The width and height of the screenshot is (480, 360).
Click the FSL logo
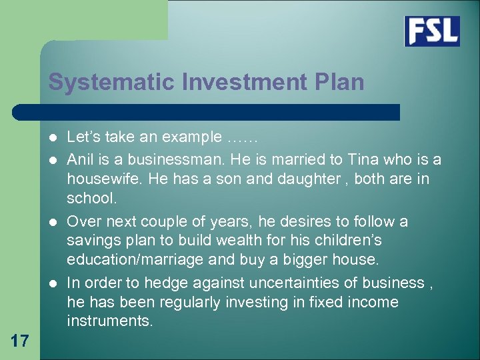click(x=432, y=31)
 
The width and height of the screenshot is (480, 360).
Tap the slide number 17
click(x=20, y=341)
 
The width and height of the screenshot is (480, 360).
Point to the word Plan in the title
click(x=341, y=82)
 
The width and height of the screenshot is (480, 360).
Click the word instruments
click(x=110, y=321)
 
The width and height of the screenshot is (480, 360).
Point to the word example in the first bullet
click(x=191, y=138)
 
